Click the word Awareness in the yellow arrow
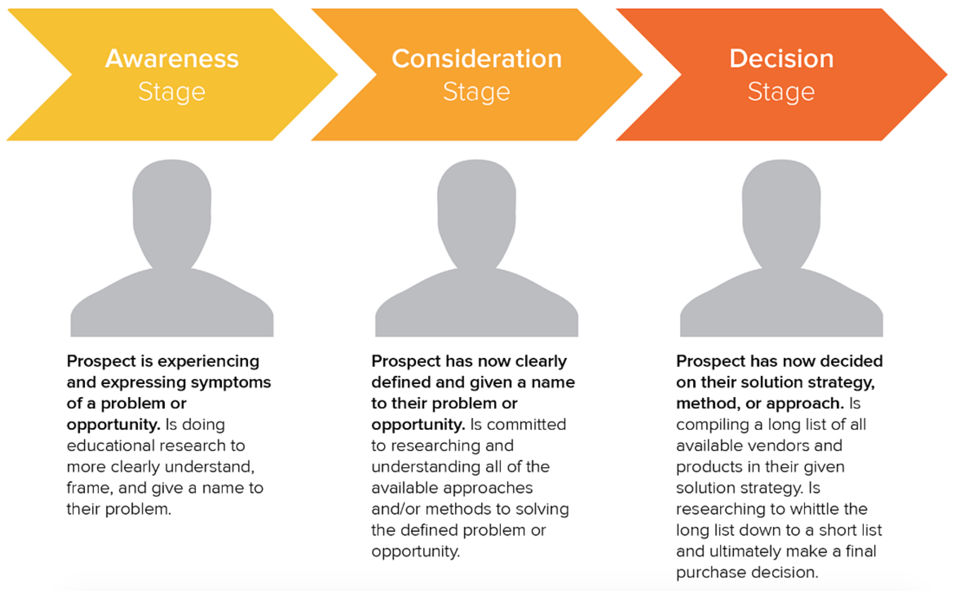(x=172, y=58)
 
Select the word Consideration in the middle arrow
(x=477, y=58)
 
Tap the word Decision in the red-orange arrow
(x=781, y=58)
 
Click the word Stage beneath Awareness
(x=172, y=92)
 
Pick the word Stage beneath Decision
(x=781, y=92)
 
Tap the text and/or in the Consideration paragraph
(x=396, y=509)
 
